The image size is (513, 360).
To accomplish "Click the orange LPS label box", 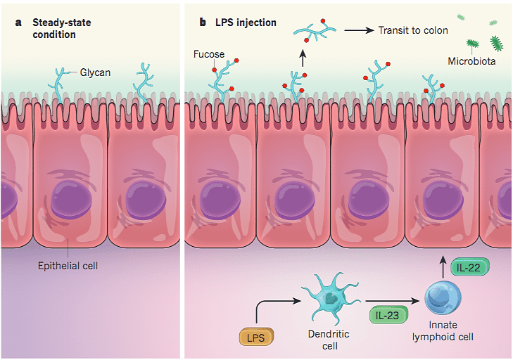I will click(258, 338).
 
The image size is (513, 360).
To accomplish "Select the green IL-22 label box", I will click(469, 267).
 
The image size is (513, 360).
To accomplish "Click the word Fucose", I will click(208, 53).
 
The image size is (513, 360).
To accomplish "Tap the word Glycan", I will click(95, 72).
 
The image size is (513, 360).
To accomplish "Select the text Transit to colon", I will click(412, 30).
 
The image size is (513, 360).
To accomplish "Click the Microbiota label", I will click(471, 61).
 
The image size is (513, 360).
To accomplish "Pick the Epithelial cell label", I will click(68, 266).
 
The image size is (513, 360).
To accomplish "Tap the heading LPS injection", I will click(246, 22).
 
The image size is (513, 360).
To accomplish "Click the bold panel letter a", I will click(19, 22).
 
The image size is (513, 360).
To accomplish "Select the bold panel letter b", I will click(203, 22).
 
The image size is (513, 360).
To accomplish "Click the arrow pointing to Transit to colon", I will click(359, 30).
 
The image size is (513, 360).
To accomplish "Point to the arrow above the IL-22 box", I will click(443, 266).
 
